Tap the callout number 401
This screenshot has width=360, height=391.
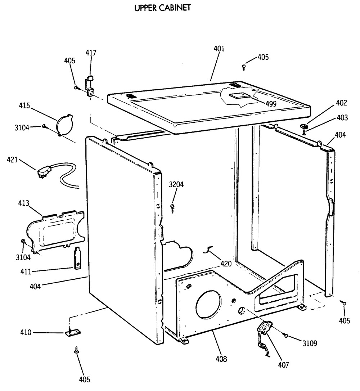pos(219,49)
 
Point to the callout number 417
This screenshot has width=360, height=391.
pos(91,53)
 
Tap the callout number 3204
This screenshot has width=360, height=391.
pos(176,185)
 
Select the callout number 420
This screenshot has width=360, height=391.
pos(226,264)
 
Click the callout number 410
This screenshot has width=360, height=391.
pos(27,332)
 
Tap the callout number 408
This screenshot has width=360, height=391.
pos(221,359)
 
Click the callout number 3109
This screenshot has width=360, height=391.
pos(309,343)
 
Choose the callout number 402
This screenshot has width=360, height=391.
pos(341,103)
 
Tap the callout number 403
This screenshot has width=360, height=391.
pos(342,117)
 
